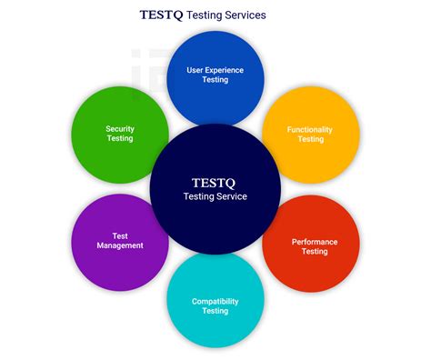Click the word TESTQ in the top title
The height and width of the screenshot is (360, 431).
click(x=162, y=15)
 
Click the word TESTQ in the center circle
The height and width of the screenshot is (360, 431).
click(x=215, y=180)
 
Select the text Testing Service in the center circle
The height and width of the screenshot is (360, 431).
click(x=215, y=196)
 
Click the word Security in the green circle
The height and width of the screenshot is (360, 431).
click(x=120, y=128)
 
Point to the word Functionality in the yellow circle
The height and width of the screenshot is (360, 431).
click(x=310, y=129)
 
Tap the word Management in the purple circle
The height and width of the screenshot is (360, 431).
click(x=120, y=245)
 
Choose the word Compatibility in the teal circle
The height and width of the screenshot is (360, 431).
click(x=215, y=301)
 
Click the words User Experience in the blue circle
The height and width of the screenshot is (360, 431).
click(x=215, y=69)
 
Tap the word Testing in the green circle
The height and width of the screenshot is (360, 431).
click(x=120, y=138)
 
